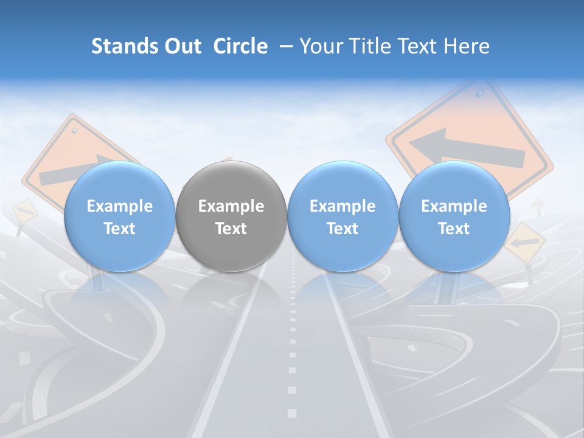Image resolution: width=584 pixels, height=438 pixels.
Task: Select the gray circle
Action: [x=231, y=217]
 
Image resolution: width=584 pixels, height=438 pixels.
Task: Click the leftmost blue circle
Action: [x=119, y=217]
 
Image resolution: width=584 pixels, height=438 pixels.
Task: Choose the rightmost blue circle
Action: [x=454, y=217]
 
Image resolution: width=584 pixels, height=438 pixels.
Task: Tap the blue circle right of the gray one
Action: [x=342, y=217]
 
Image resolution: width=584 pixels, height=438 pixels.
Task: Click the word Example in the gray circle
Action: [x=231, y=206]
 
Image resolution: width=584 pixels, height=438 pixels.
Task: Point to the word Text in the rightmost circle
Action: [x=454, y=229]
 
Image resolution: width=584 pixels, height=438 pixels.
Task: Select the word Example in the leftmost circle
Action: [x=119, y=206]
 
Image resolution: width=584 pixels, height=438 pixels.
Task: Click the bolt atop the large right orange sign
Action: [x=479, y=94]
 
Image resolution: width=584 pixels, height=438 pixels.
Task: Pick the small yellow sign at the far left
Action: [x=24, y=210]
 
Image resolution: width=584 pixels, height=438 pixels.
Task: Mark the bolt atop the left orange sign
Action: [x=74, y=130]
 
